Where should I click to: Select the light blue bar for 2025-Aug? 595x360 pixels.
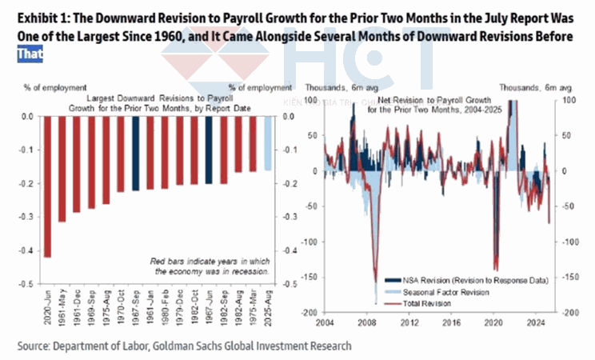coord(268,142)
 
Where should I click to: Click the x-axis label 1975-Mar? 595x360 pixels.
coord(254,309)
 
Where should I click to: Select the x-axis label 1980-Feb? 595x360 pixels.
coord(165,309)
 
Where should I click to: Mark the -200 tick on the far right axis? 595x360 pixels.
coord(567,313)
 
